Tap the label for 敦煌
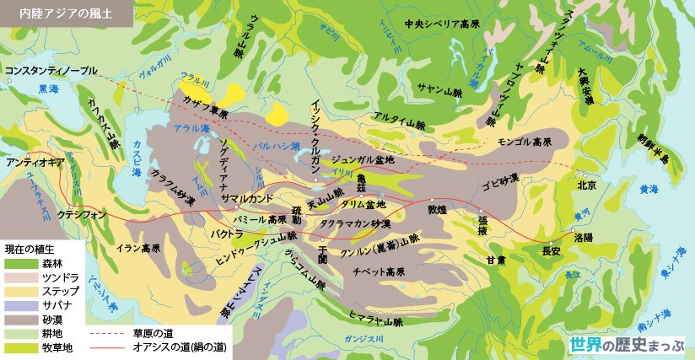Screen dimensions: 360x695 coord(437,209)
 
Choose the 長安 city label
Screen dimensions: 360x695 coord(552,250)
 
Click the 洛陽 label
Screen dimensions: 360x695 coord(584,238)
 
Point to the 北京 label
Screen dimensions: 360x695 coord(587,185)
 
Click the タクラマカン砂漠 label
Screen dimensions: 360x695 coord(354,224)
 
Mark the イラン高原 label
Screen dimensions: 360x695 coord(138,249)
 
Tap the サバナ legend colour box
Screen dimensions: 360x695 coord(17,305)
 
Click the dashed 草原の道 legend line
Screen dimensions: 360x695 coord(106,333)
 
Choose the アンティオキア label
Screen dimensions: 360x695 coord(35,161)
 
